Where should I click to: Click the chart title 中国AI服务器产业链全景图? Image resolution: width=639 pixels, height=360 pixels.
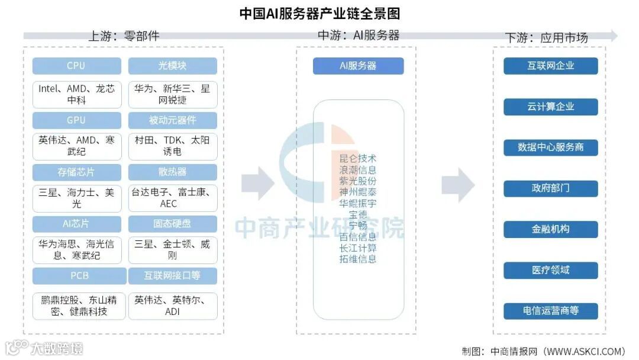click(x=319, y=12)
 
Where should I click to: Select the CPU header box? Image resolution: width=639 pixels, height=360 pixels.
click(x=76, y=66)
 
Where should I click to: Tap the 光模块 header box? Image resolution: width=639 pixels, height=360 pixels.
click(x=172, y=66)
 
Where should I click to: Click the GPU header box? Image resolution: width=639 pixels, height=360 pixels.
click(x=76, y=120)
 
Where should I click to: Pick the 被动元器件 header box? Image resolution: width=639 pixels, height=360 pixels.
click(x=172, y=120)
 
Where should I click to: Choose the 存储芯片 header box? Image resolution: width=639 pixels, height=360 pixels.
click(x=76, y=172)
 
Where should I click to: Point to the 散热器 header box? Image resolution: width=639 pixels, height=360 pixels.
click(x=172, y=172)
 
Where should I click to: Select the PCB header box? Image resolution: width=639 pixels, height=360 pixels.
click(x=79, y=276)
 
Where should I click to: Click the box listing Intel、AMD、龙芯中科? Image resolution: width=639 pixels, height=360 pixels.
click(x=76, y=95)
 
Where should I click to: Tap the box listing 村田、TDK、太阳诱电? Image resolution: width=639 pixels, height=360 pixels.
click(x=172, y=146)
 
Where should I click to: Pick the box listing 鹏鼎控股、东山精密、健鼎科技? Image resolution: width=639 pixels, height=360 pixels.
click(x=79, y=306)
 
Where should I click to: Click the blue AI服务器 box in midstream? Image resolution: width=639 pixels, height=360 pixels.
click(x=358, y=66)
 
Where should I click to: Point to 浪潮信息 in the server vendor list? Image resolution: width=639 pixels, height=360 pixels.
click(x=358, y=170)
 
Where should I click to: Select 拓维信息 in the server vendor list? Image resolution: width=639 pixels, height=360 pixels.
click(x=358, y=259)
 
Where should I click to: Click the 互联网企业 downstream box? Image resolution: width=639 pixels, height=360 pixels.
click(x=550, y=66)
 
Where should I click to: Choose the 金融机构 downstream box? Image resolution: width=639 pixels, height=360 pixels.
click(x=550, y=229)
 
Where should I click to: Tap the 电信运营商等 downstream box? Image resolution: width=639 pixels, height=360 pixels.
click(x=550, y=311)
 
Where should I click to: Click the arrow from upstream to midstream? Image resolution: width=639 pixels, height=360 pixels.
click(x=258, y=184)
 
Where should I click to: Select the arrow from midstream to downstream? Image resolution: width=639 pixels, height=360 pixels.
click(x=458, y=184)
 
